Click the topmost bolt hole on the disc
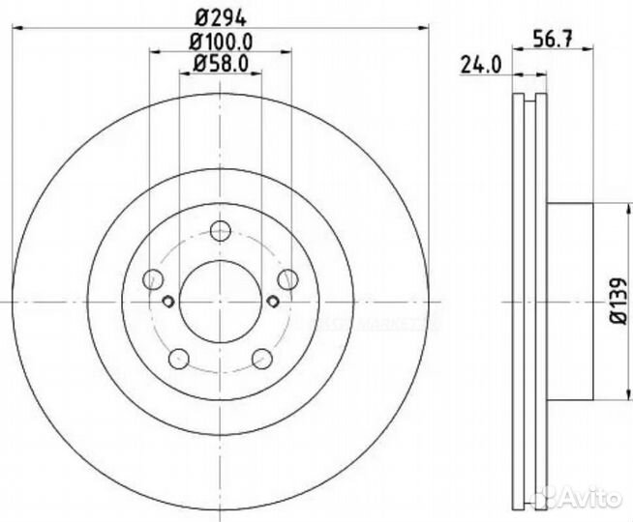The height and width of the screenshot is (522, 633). [x=221, y=231]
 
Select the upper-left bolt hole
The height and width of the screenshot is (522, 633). [x=153, y=280]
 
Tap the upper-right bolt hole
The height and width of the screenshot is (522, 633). [x=287, y=279]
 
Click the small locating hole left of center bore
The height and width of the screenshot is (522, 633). [x=167, y=302]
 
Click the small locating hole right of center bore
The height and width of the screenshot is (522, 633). [x=273, y=302]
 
